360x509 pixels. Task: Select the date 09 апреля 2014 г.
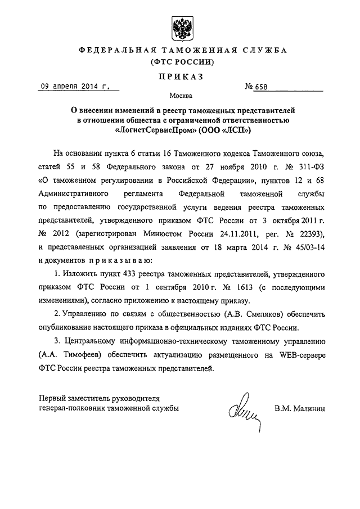73,87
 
